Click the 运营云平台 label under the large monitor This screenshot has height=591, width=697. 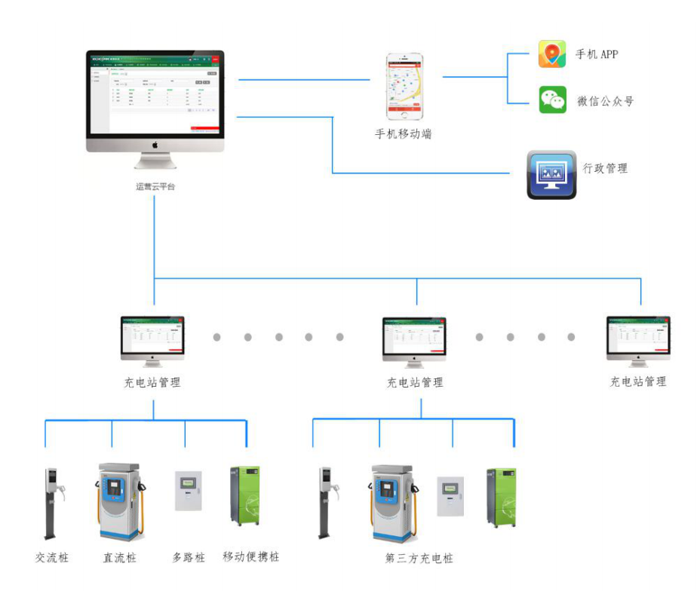155,186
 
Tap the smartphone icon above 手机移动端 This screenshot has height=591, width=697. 405,86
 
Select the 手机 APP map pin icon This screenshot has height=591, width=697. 552,54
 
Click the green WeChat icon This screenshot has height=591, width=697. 552,100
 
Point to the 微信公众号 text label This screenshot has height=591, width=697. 605,101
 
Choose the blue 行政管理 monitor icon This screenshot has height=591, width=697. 551,174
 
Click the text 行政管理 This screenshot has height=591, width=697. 605,168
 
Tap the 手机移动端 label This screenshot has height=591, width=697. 404,134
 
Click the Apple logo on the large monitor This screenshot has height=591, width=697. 155,143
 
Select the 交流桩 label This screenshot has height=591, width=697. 51,558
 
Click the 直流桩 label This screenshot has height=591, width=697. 120,558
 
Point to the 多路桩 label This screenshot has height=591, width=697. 189,558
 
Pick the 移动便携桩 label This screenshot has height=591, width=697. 251,557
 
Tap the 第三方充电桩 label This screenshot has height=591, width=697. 419,559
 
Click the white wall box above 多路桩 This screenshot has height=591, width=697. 189,491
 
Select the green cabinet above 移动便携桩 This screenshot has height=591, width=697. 245,495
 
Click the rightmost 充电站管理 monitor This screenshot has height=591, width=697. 638,340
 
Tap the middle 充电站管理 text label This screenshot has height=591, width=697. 415,382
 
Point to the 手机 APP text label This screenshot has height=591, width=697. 597,54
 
